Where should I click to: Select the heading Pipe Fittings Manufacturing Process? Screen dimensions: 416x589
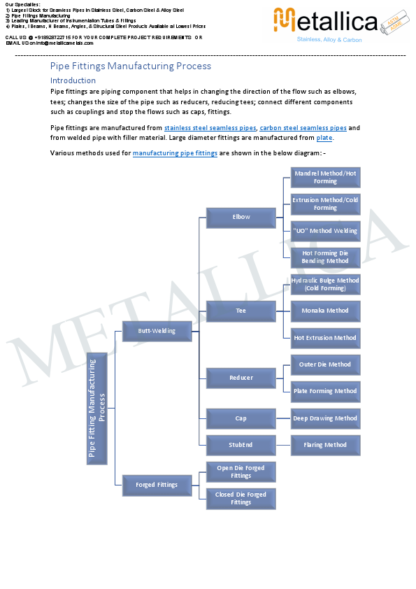(130, 66)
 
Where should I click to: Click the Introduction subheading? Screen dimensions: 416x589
(73, 80)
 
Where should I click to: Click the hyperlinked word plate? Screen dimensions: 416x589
(324, 138)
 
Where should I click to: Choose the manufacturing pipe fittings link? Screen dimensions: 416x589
(174, 153)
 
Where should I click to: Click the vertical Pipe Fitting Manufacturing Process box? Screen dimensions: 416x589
(97, 409)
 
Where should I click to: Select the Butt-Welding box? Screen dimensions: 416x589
(157, 331)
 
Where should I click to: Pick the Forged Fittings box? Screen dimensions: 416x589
(157, 484)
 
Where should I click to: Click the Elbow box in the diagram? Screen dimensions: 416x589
(241, 217)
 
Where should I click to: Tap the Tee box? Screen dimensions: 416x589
(241, 310)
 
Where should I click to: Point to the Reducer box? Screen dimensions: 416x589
(241, 378)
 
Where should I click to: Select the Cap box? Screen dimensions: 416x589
(241, 418)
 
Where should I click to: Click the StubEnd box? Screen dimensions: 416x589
(241, 445)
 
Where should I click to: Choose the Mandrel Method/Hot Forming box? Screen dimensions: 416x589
(325, 177)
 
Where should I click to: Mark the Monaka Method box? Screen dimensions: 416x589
(325, 311)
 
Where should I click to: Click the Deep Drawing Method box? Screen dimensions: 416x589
(325, 418)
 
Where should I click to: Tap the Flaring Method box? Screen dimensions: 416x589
(325, 445)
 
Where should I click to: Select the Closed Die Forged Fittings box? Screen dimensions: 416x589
(241, 498)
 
